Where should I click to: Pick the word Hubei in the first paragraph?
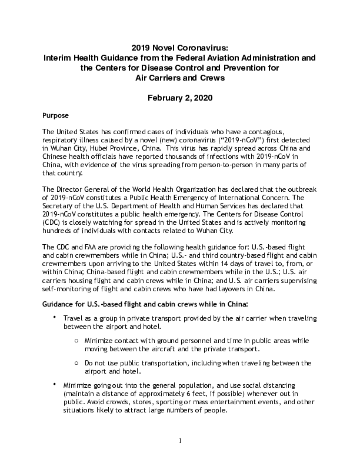click(x=108, y=149)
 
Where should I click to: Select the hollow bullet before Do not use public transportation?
click(x=78, y=364)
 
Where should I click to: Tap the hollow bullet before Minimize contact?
click(x=78, y=341)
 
